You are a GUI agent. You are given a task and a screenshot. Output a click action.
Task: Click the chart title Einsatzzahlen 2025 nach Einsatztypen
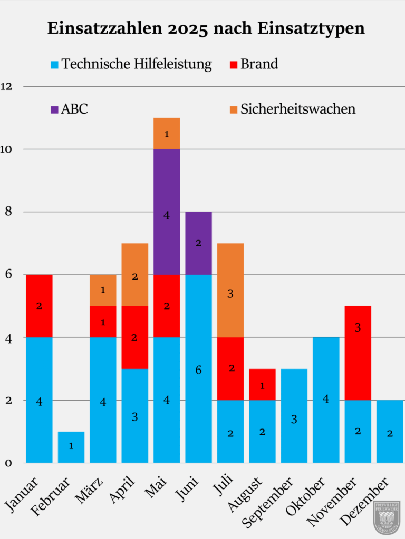[x=206, y=28]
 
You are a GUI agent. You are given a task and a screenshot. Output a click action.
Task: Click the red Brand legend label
[x=259, y=64]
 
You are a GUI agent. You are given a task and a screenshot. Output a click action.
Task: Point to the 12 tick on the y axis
[x=7, y=86]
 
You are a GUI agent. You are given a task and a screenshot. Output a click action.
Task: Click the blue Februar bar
[x=71, y=447]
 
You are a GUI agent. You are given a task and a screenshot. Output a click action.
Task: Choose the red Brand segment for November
[x=358, y=353]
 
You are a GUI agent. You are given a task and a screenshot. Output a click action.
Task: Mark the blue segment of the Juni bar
[x=198, y=368]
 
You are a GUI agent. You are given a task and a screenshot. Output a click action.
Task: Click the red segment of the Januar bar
[x=40, y=306]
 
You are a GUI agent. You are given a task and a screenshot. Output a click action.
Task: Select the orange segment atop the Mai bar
[x=167, y=134]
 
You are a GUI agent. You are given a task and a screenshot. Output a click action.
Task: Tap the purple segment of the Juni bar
[x=198, y=243]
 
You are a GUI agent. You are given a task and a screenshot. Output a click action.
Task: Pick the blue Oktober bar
[x=326, y=400]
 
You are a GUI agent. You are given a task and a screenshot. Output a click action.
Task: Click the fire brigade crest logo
[x=387, y=517]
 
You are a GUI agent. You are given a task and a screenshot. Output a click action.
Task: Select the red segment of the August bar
[x=262, y=384]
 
